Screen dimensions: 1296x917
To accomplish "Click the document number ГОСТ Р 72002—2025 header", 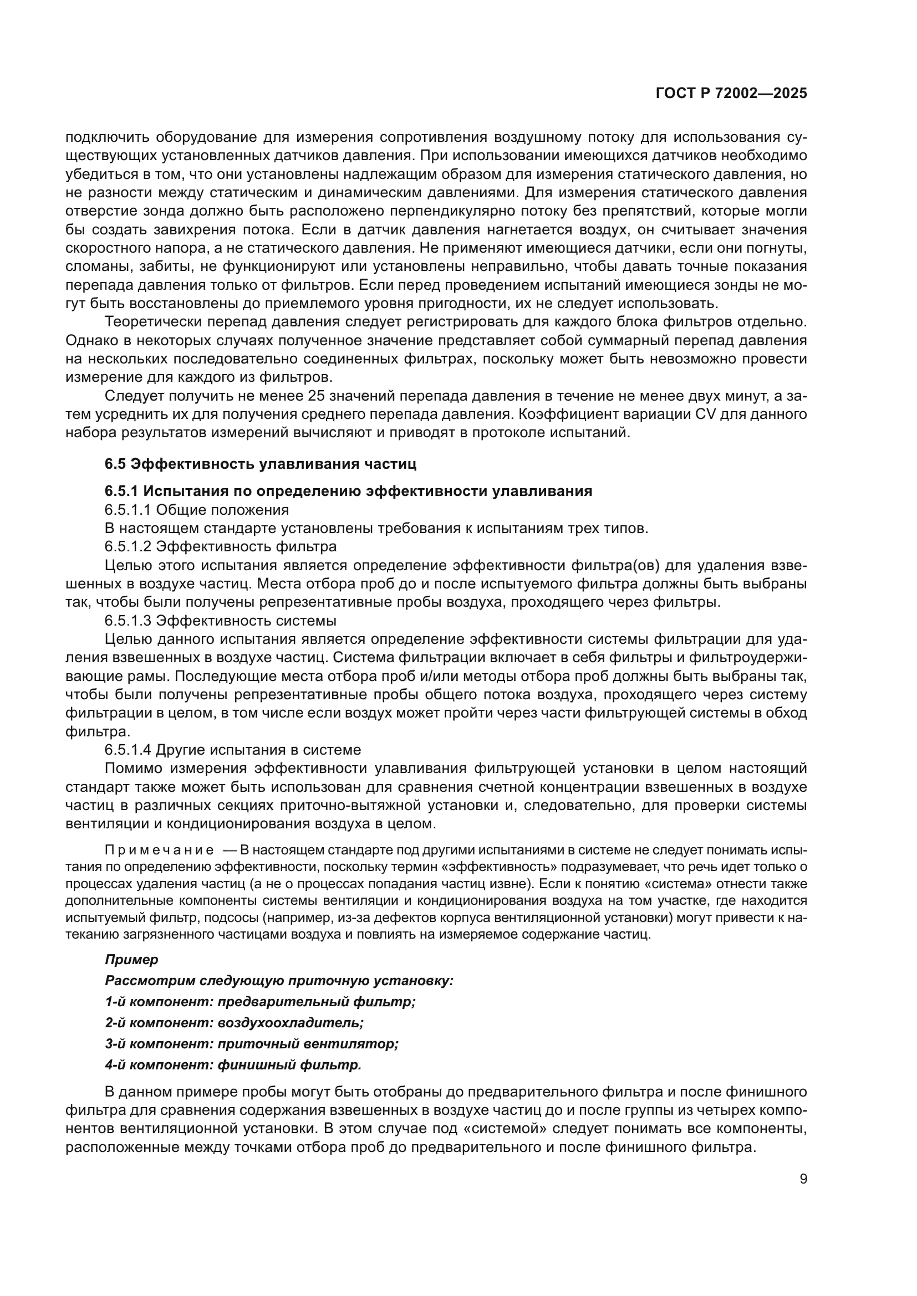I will point(731,94).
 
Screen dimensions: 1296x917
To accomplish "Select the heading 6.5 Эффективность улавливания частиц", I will point(261,464).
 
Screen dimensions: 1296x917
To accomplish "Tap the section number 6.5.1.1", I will point(128,510).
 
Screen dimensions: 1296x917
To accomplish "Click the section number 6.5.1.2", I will point(128,547).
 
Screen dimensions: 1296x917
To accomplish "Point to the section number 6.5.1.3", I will point(128,621).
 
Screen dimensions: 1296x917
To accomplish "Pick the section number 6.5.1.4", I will point(128,750).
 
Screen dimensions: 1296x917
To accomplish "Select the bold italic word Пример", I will point(131,960).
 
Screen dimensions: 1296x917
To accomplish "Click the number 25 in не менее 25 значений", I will point(317,396).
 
